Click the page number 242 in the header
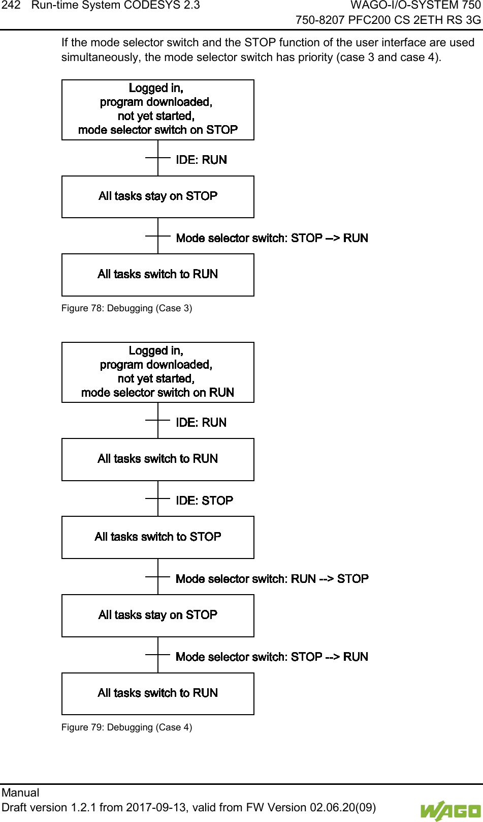pos(10,6)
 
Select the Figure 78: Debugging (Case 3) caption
pos(126,308)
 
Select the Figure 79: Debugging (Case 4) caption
pos(126,727)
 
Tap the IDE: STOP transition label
pos(204,501)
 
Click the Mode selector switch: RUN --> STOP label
pos(272,579)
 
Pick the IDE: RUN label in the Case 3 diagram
pos(201,160)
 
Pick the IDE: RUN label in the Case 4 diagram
pos(201,423)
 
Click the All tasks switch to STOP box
pos(158,537)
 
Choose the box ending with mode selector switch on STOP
pos(158,110)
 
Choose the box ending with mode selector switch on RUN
pos(158,372)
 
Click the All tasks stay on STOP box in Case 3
pos(158,197)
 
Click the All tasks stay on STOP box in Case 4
pos(158,615)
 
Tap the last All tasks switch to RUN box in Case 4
pos(158,694)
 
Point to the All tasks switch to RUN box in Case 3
pos(158,275)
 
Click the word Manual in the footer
pos(20,792)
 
